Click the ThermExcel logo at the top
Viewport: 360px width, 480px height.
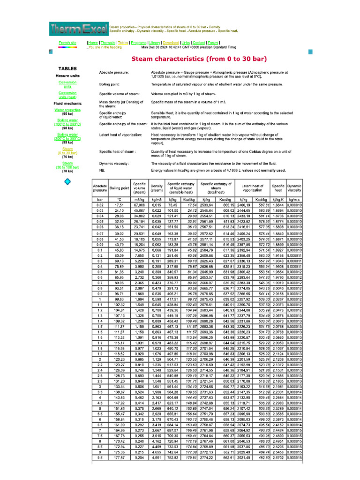click(x=78, y=29)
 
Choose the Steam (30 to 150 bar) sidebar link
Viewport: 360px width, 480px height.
click(x=67, y=165)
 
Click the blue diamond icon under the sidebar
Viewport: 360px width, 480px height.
click(x=67, y=181)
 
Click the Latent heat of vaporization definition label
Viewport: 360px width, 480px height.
click(x=120, y=135)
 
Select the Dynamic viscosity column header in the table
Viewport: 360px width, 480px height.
click(x=294, y=188)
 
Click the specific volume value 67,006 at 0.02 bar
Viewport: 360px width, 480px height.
click(x=139, y=205)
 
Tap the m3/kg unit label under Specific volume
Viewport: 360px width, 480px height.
click(x=139, y=200)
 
